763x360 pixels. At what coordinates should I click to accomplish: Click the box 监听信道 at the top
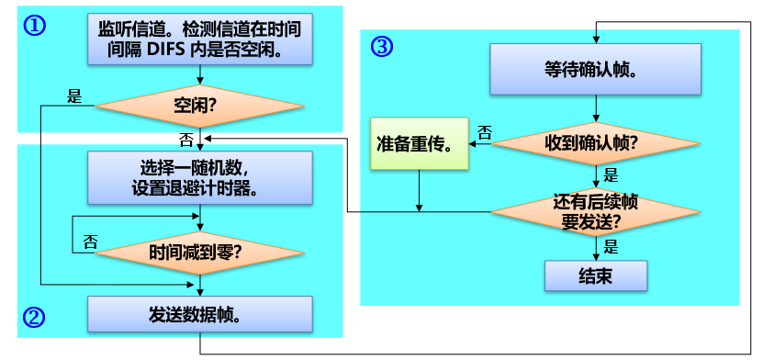(200, 39)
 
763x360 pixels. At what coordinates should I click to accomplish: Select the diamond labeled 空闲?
(199, 107)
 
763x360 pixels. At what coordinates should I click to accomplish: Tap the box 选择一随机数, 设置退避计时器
(200, 178)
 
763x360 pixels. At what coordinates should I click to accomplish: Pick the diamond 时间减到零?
(201, 250)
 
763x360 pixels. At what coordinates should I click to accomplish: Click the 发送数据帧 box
(200, 314)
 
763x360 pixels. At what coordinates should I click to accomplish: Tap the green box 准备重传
(419, 143)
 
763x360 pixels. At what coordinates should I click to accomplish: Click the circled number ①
(34, 26)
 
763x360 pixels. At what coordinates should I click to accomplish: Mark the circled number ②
(33, 318)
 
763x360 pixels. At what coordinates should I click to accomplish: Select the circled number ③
(381, 47)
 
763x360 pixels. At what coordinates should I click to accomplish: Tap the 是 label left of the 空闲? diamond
(75, 95)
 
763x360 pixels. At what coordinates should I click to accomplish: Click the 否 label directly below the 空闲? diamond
(186, 140)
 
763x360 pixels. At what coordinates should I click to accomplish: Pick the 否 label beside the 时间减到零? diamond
(90, 242)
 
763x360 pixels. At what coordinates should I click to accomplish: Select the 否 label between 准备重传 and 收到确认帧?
(484, 131)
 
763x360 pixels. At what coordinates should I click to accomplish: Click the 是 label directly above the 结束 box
(611, 247)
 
